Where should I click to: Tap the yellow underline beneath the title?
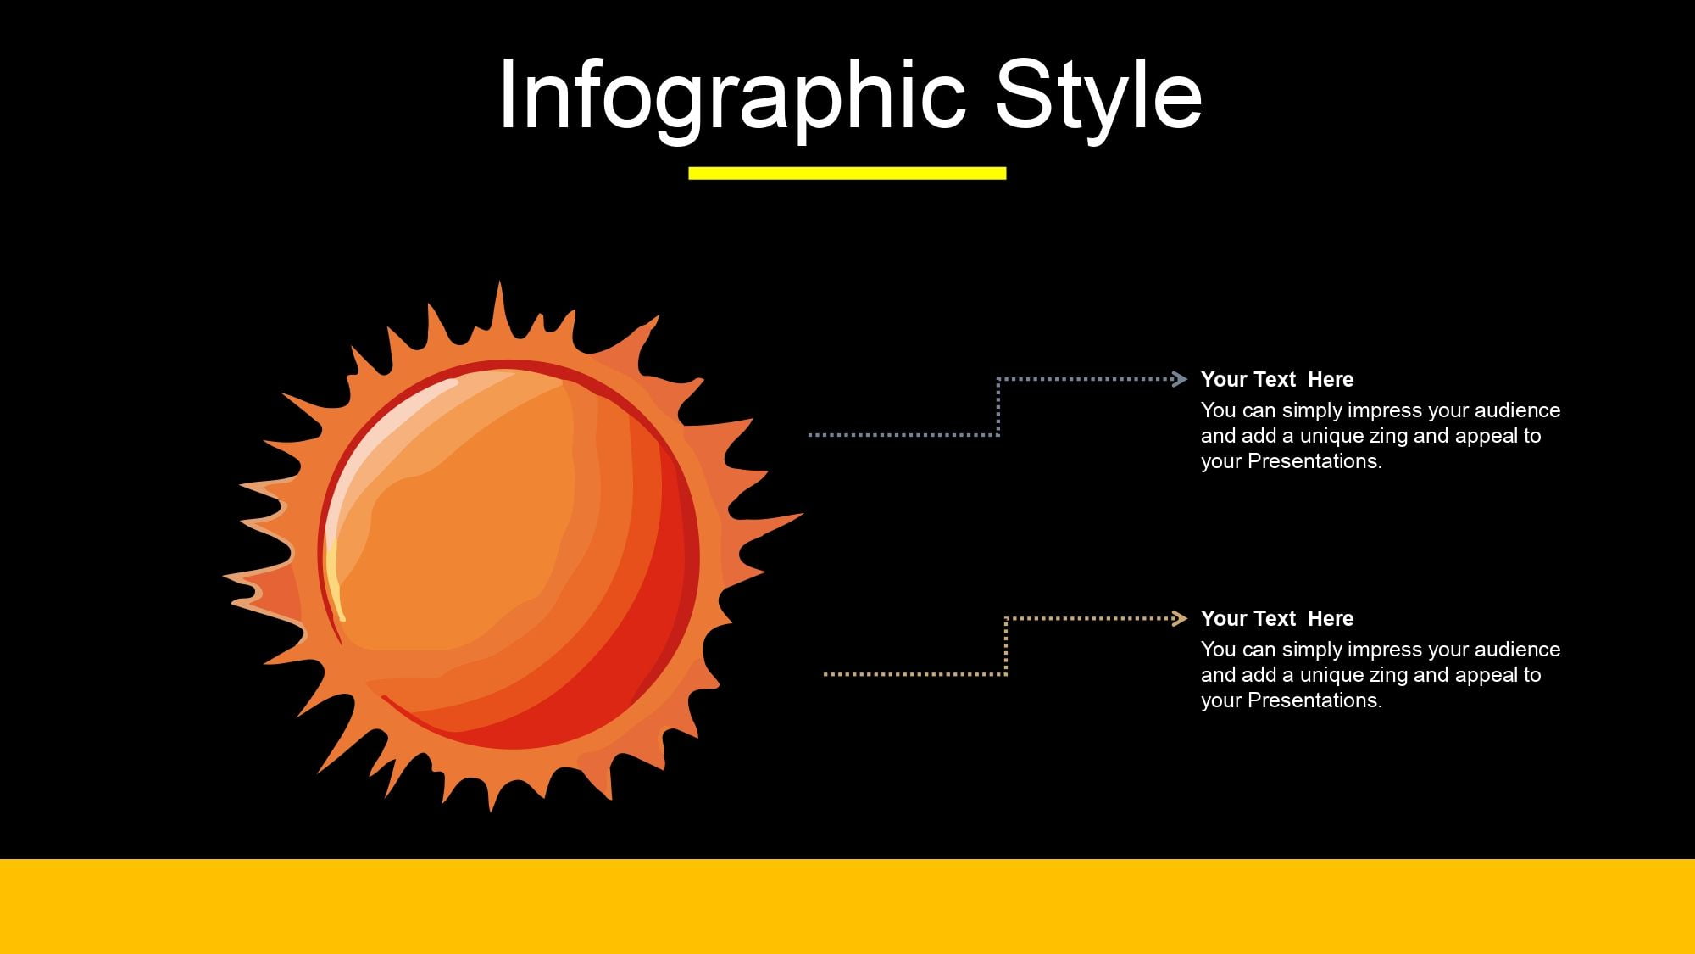point(847,173)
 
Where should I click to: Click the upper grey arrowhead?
point(1179,379)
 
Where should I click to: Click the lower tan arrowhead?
point(1179,618)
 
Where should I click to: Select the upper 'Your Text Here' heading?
point(1277,379)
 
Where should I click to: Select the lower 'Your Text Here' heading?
point(1277,618)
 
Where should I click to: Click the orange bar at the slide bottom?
point(847,907)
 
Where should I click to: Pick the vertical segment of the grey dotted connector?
point(998,407)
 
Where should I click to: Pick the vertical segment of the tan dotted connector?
point(1006,646)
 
